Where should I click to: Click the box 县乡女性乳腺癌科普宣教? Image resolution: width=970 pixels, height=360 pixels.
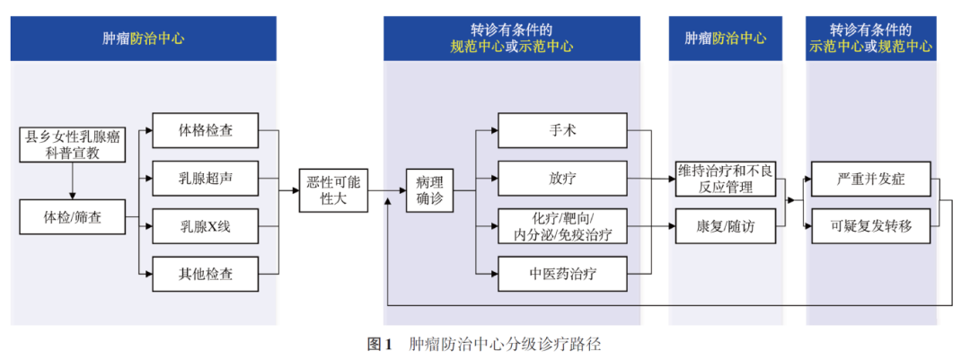(x=73, y=145)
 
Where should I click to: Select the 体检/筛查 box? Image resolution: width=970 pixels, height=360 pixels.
(x=73, y=216)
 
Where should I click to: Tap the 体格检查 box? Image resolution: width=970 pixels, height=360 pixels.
(x=206, y=130)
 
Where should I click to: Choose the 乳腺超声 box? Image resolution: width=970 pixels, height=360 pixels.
(x=206, y=178)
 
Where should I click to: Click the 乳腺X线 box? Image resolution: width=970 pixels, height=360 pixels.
(x=206, y=225)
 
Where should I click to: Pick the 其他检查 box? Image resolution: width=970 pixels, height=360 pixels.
(x=206, y=273)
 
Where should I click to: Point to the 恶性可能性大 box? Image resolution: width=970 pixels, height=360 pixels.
(x=333, y=189)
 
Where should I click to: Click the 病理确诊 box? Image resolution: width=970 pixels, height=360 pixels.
(x=429, y=189)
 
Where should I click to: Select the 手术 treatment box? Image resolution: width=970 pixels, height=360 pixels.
(x=562, y=130)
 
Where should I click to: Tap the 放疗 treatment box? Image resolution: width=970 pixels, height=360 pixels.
(x=562, y=178)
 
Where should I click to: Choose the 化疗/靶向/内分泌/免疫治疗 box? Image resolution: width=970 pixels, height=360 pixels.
(x=562, y=225)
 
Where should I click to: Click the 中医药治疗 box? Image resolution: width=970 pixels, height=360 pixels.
(x=562, y=273)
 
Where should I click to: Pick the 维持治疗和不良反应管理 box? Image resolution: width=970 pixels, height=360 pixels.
(x=725, y=178)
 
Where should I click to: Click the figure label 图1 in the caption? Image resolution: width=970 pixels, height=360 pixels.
(x=381, y=344)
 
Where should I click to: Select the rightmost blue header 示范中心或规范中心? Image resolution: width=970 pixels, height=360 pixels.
(x=870, y=39)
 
